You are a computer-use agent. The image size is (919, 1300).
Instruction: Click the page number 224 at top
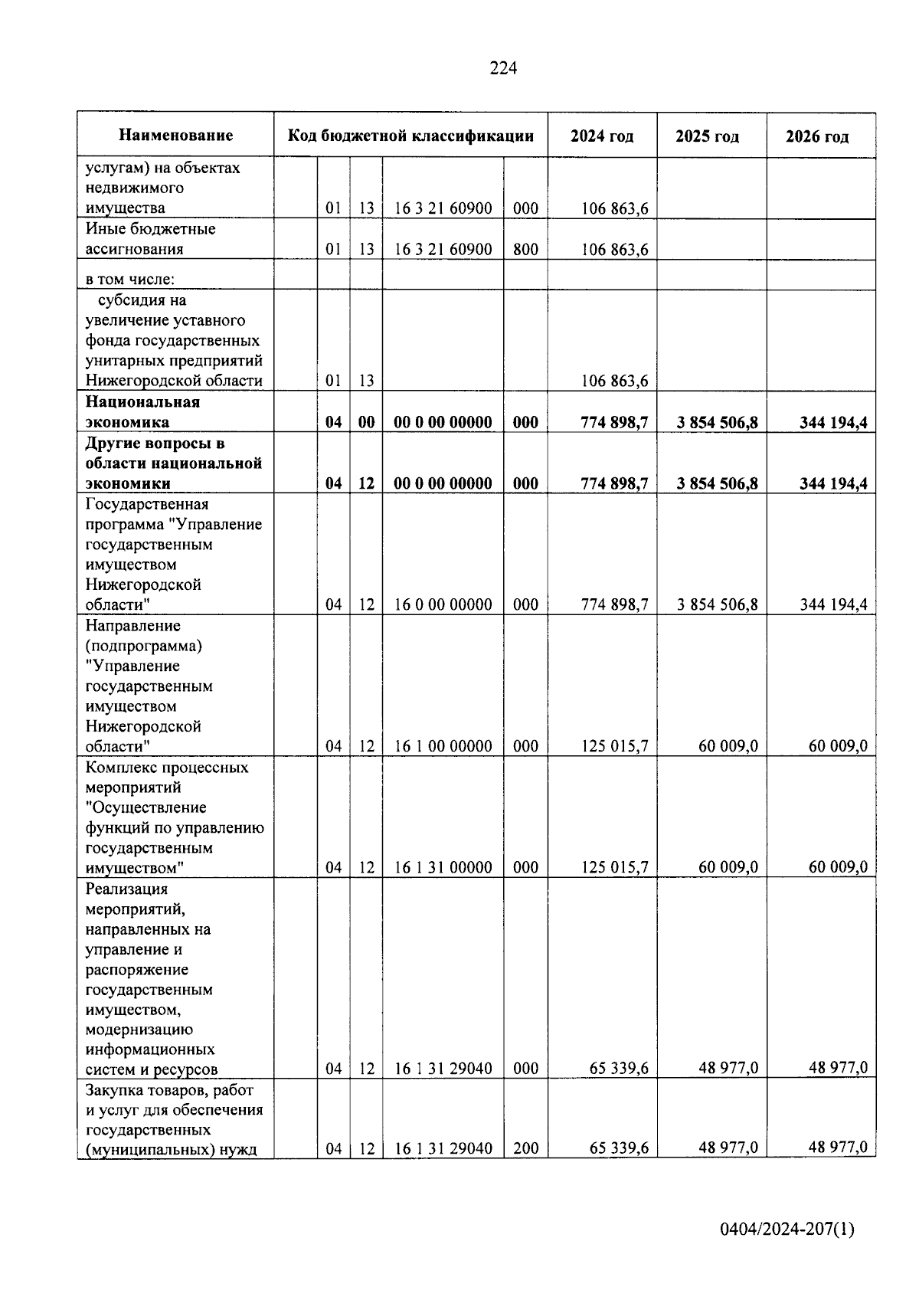[503, 69]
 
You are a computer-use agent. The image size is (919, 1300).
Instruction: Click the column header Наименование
[175, 136]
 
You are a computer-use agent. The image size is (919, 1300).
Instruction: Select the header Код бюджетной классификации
[410, 136]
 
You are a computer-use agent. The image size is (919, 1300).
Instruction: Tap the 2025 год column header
[707, 136]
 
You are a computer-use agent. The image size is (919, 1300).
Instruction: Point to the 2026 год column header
[817, 136]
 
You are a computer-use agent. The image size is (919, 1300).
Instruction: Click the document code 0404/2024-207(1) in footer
[787, 1230]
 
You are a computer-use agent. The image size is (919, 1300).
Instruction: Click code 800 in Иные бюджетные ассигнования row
[525, 249]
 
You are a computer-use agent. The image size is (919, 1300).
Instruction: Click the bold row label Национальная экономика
[142, 412]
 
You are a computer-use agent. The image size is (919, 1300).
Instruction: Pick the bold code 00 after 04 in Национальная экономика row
[366, 422]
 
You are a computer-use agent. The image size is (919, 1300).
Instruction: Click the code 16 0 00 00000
[443, 604]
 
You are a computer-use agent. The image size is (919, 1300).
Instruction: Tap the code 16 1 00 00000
[443, 746]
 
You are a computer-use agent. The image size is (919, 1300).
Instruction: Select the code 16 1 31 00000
[443, 867]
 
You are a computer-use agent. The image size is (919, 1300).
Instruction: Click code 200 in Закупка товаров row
[525, 1148]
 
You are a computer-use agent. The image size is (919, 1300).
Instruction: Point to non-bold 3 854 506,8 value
[717, 604]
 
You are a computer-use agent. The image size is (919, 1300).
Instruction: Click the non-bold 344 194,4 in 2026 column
[833, 604]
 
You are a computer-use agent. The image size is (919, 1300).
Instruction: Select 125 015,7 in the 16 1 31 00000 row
[614, 867]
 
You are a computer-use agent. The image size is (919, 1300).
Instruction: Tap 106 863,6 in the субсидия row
[614, 381]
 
